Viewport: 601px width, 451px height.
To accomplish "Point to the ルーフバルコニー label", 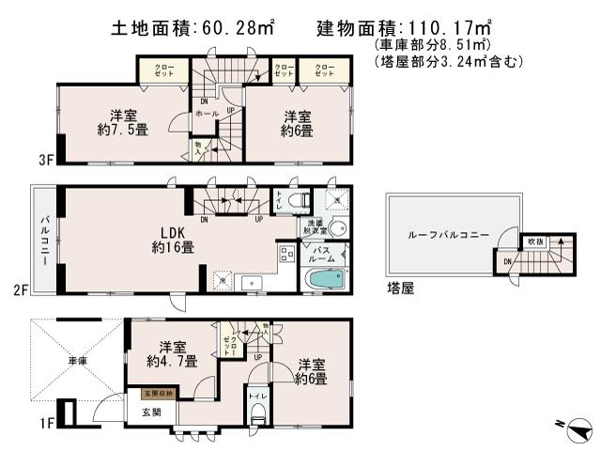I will [447, 235].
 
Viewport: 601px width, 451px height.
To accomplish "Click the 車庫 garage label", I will [77, 360].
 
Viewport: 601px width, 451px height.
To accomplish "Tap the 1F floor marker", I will [19, 424].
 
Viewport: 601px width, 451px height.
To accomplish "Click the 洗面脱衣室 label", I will [315, 226].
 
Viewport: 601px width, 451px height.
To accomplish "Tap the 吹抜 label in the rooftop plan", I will [536, 241].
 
